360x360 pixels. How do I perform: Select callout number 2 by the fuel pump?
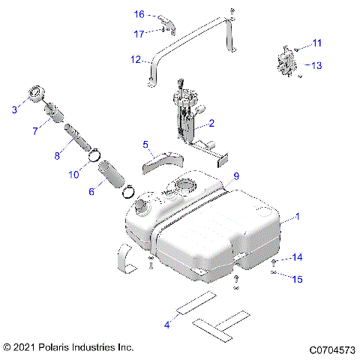pyautogui.click(x=212, y=122)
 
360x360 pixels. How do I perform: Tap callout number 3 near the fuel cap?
pyautogui.click(x=13, y=110)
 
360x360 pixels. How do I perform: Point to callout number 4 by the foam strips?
pyautogui.click(x=166, y=324)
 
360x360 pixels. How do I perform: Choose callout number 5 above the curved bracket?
pyautogui.click(x=146, y=143)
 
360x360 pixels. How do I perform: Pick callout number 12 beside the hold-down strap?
pyautogui.click(x=135, y=58)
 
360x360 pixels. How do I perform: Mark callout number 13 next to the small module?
pyautogui.click(x=316, y=65)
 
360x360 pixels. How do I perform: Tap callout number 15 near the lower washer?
pyautogui.click(x=297, y=279)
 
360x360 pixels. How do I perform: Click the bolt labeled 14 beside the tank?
pyautogui.click(x=275, y=260)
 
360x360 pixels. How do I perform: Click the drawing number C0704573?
pyautogui.click(x=331, y=349)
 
